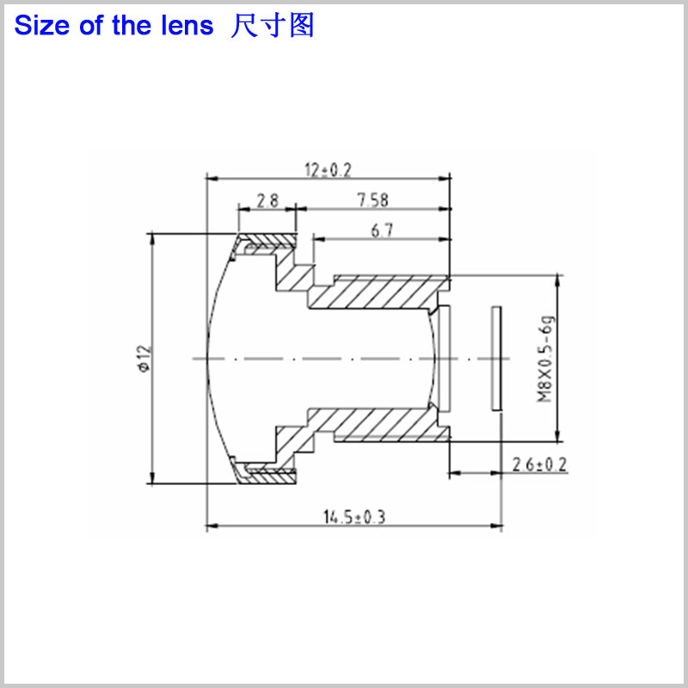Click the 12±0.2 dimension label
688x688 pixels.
[329, 170]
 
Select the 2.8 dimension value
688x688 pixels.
[267, 201]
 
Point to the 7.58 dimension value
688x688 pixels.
[373, 200]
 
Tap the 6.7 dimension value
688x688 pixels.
[382, 230]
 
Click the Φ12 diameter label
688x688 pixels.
[144, 359]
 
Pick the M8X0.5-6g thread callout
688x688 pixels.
[545, 359]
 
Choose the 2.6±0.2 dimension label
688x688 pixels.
[540, 464]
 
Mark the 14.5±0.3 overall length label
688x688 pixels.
[354, 517]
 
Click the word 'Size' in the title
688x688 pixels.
[42, 25]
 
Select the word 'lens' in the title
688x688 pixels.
[187, 25]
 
